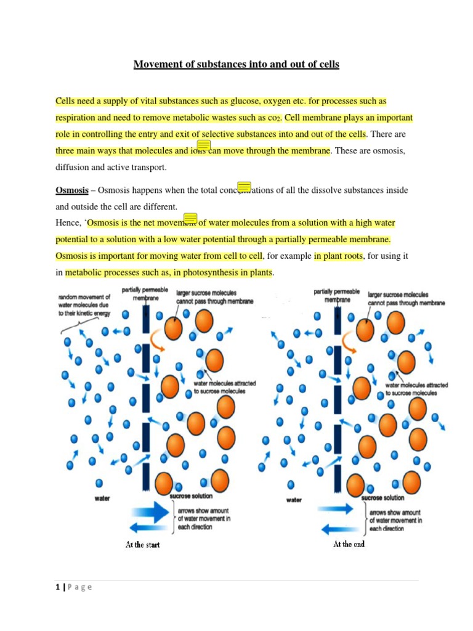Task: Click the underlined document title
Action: coord(236,64)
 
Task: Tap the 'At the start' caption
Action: coord(142,545)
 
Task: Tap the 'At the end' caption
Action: coord(349,544)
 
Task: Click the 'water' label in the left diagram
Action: coord(102,497)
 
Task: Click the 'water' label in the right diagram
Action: coord(294,500)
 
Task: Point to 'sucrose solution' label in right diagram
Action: coord(382,497)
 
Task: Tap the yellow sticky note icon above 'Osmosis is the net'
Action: coord(191,218)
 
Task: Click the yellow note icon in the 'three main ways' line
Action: coord(204,145)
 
